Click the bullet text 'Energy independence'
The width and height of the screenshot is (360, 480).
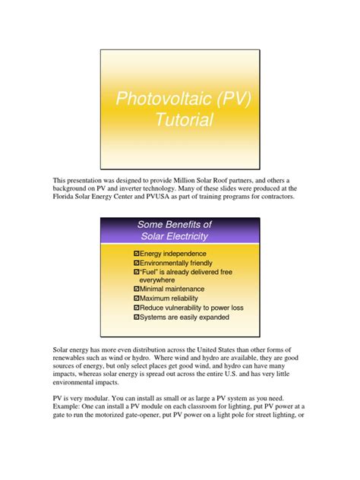(x=174, y=253)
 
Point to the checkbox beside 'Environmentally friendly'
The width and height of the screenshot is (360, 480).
(x=136, y=262)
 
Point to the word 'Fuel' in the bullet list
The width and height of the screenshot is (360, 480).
(x=150, y=271)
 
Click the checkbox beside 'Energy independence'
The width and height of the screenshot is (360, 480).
(x=136, y=253)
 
